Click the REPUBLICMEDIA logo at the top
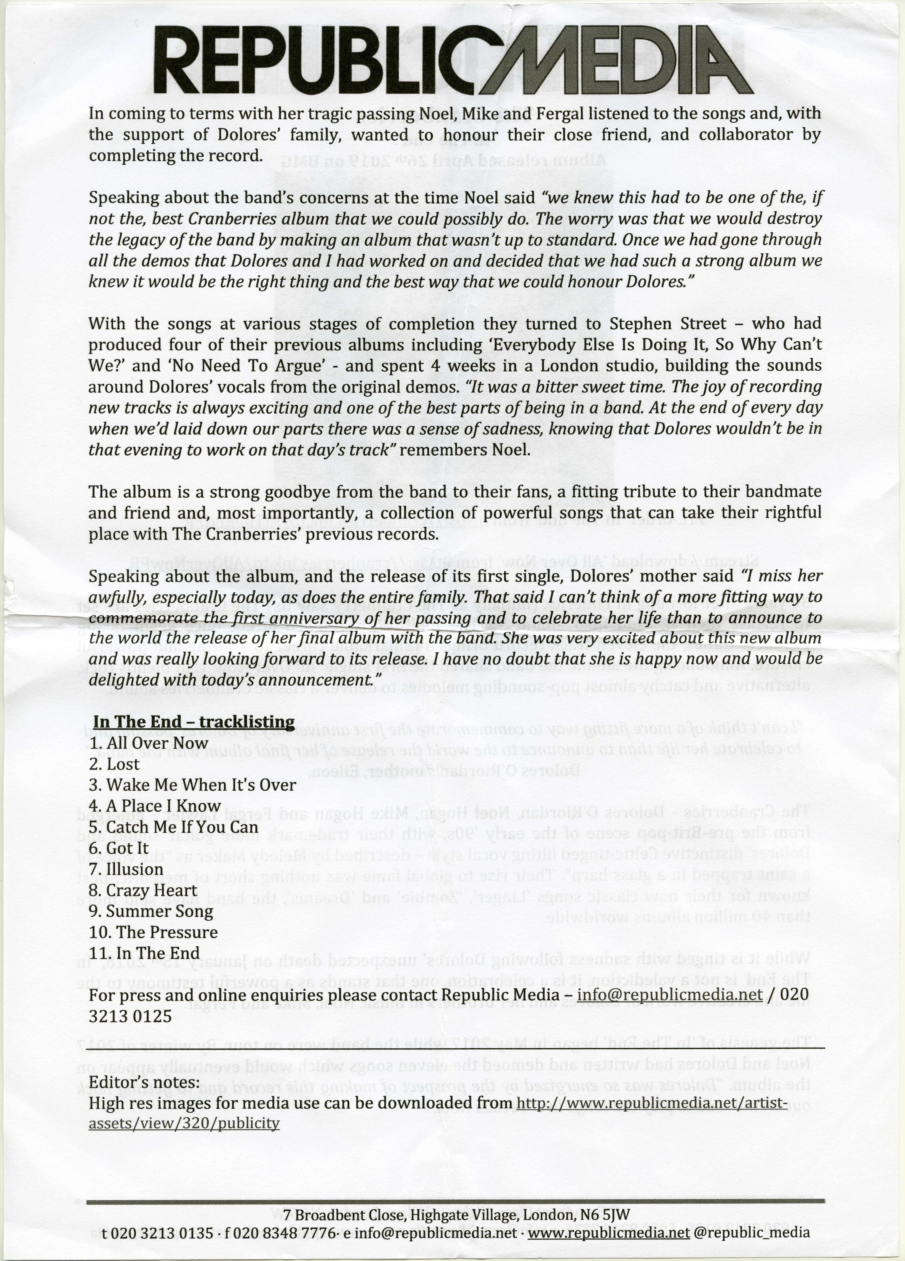452,60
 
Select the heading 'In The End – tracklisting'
194,722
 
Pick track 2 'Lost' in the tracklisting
114,764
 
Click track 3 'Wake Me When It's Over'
192,785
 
